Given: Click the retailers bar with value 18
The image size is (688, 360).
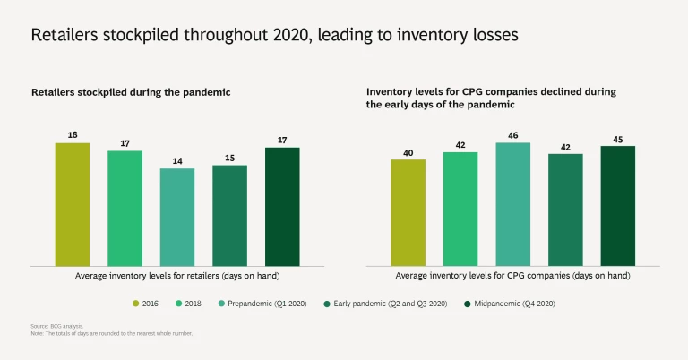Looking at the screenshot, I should click(73, 204).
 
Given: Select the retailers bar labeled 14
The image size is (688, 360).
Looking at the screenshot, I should click(177, 217).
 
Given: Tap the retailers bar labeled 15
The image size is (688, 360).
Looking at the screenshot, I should click(229, 215).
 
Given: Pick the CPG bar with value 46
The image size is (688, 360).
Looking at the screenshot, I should click(513, 204).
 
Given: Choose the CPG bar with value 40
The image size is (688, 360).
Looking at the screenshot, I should click(408, 212).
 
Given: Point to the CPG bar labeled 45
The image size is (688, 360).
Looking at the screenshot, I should click(618, 206).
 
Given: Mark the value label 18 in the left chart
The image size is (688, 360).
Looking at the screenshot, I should click(73, 134).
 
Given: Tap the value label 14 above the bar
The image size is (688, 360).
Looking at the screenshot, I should click(177, 160).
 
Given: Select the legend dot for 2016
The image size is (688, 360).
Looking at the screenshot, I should click(135, 304).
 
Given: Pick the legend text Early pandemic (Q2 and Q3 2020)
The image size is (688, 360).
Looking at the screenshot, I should click(389, 304).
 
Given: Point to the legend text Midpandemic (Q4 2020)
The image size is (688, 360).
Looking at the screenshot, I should click(511, 304).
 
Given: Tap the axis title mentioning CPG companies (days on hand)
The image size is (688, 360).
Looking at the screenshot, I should click(512, 276).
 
